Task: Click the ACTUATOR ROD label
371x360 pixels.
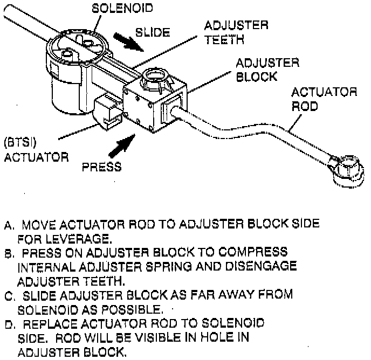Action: (x=325, y=99)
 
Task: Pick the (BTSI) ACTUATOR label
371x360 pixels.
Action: (x=36, y=151)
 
